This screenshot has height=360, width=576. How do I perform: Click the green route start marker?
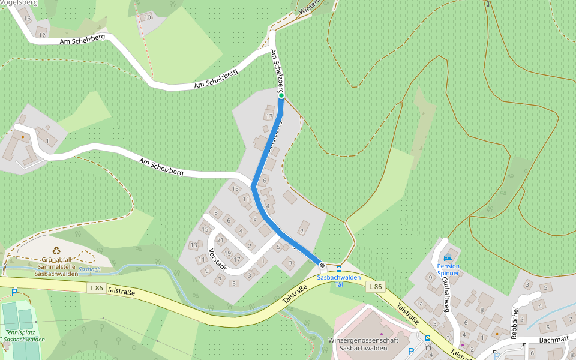281,95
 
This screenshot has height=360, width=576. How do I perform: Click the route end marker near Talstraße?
322,265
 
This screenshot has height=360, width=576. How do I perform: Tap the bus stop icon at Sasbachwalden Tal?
339,269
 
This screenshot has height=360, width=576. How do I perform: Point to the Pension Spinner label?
448,269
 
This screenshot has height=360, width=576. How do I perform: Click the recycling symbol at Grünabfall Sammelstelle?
56,251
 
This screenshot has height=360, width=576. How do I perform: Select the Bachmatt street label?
553,339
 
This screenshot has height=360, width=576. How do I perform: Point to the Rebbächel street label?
515,322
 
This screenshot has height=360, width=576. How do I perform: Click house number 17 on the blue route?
269,116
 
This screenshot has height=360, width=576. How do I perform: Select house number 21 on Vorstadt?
220,240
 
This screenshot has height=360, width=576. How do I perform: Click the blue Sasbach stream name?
89,269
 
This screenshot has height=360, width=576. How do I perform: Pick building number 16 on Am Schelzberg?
27,18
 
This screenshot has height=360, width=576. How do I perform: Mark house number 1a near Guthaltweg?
420,304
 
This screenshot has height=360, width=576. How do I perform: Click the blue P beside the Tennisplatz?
14,292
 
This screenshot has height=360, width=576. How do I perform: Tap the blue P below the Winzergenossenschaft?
411,351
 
